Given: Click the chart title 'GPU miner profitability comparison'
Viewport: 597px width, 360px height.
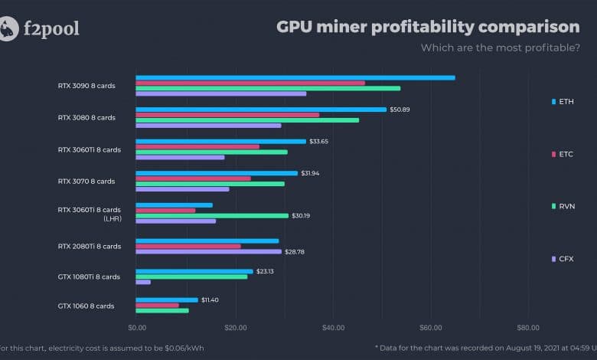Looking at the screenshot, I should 428,27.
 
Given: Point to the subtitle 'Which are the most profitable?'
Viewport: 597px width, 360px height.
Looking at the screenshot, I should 500,48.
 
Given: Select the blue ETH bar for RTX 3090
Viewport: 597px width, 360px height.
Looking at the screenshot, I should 295,77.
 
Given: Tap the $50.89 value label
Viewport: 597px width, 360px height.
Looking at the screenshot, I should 401,110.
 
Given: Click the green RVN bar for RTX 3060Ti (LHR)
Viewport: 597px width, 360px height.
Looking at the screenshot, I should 212,215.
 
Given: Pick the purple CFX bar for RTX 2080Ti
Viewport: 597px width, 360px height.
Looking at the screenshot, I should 208,250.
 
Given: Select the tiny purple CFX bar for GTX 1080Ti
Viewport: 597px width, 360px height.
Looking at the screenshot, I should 143,282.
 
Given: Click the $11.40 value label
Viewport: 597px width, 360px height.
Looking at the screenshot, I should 209,299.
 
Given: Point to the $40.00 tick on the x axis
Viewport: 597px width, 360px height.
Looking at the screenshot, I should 333,328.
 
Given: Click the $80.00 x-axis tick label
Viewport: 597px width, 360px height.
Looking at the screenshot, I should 528,328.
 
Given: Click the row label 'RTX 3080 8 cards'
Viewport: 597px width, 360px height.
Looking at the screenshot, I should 86,118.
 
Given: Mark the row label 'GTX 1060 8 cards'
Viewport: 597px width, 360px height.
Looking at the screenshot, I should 86,306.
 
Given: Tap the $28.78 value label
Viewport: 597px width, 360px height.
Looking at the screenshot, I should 295,251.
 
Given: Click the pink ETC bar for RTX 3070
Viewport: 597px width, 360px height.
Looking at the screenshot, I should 193,178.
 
